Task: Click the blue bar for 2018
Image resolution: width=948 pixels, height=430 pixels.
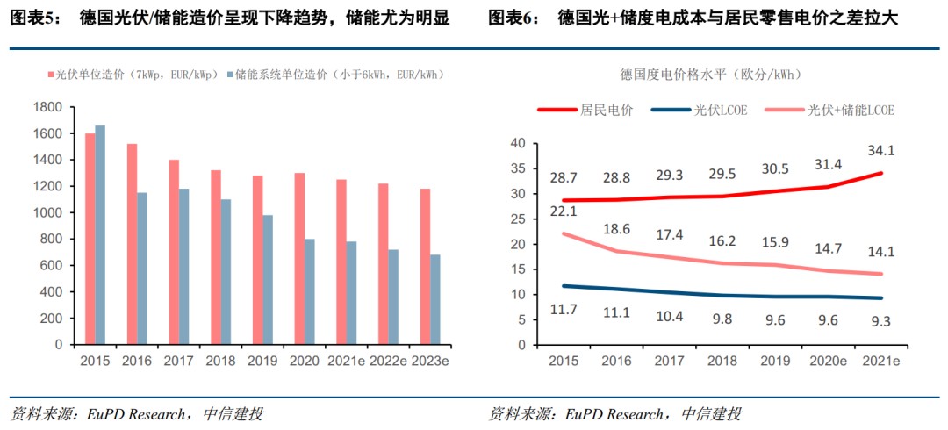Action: [226, 272]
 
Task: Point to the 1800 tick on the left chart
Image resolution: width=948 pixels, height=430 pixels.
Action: [47, 107]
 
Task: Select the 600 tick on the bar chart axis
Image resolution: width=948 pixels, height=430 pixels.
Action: [51, 266]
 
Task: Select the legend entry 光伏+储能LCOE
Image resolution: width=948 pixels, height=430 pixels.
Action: [851, 110]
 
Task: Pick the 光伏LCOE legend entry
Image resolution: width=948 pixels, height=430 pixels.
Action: [721, 110]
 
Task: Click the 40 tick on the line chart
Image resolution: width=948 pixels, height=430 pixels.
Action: [517, 143]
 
